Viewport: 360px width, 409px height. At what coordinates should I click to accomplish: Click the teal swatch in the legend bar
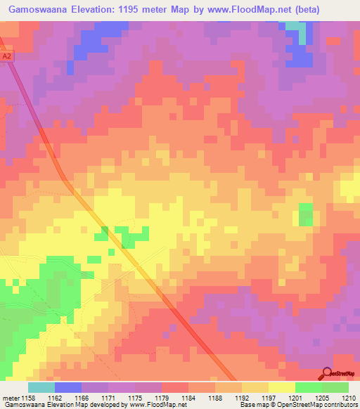tap(41, 387)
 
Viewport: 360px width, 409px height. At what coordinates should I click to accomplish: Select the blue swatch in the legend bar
tap(68, 387)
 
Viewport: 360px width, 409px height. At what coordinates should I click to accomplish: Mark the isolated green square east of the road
tap(306, 214)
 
